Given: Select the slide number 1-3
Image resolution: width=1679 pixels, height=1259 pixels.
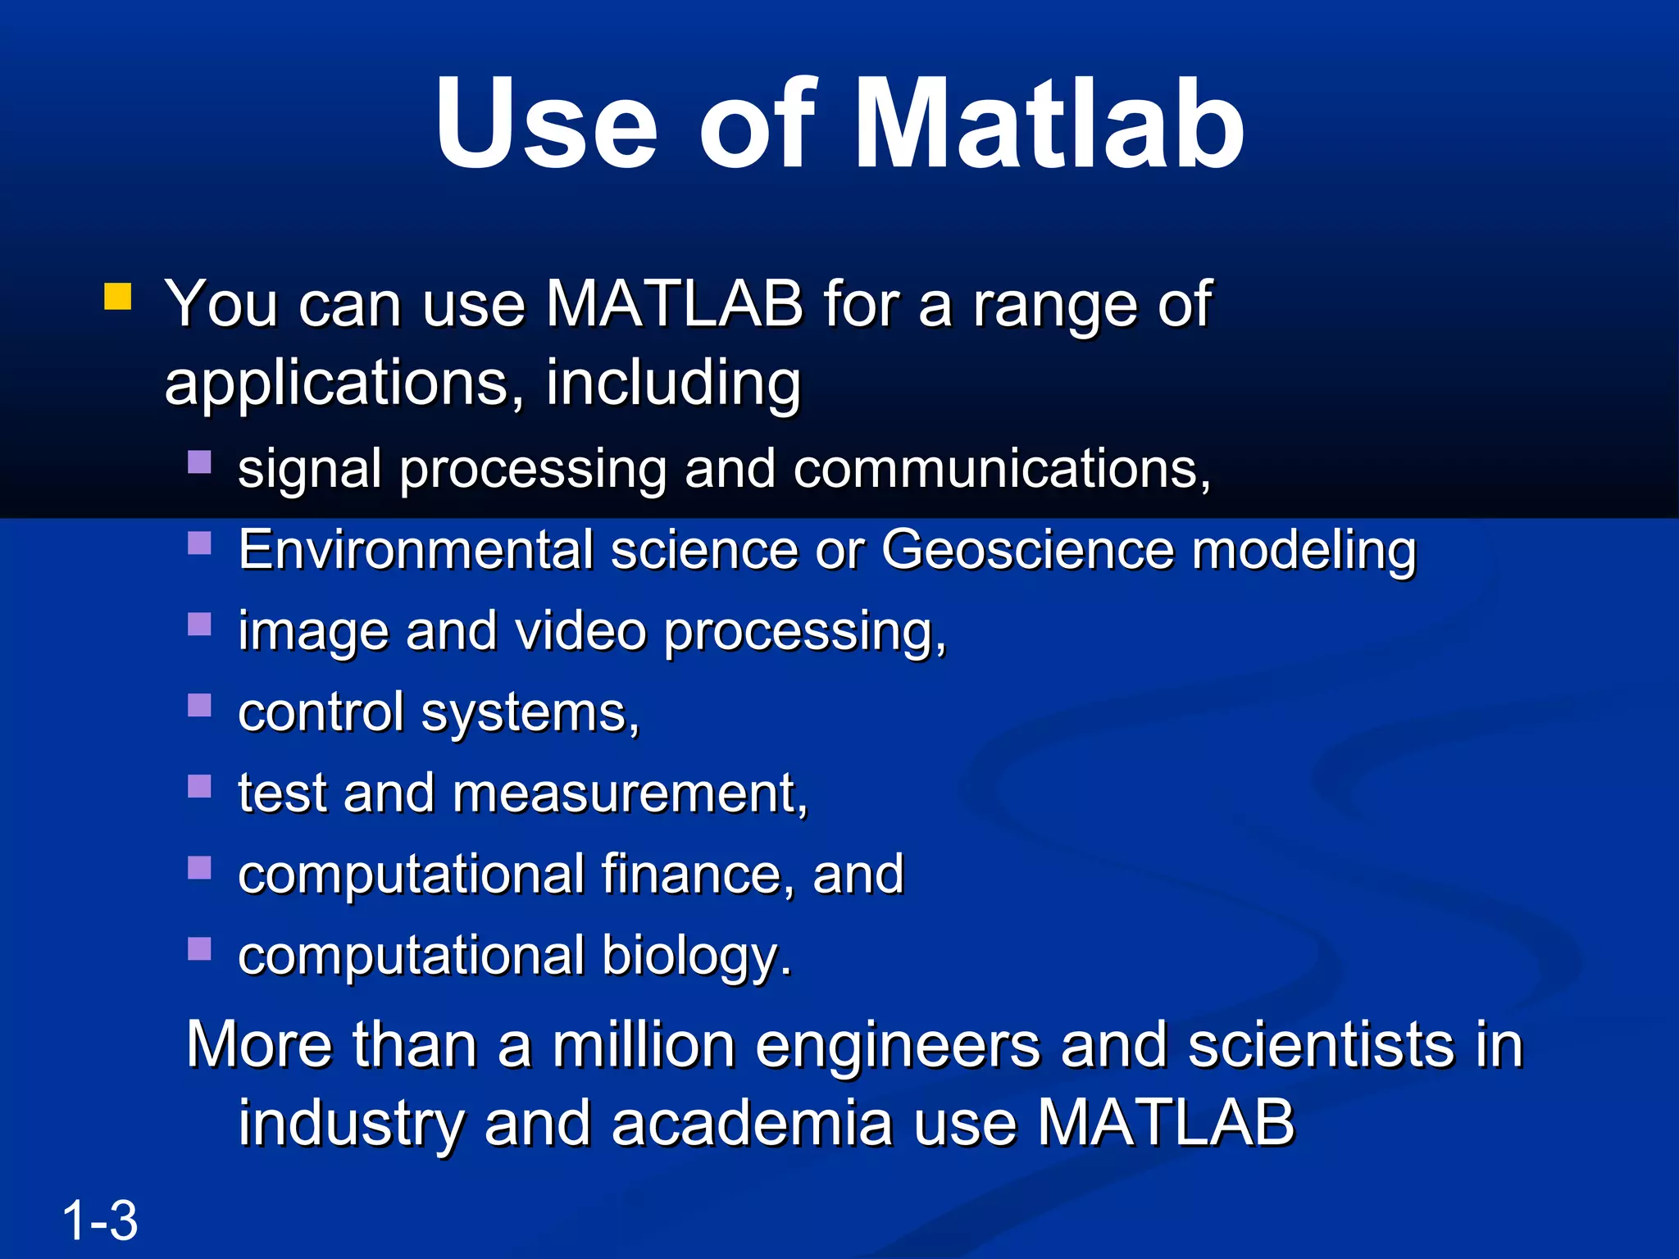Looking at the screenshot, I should coord(99,1220).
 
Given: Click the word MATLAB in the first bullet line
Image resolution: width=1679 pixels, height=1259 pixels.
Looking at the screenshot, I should coord(674,304).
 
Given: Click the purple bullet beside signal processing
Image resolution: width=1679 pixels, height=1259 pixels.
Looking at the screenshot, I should coord(199,462).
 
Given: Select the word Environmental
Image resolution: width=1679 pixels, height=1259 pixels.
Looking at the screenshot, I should coord(416,549).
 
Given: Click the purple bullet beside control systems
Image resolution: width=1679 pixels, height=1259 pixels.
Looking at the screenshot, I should coord(199,705).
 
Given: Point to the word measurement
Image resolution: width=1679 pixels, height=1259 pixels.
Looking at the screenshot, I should coord(629,793).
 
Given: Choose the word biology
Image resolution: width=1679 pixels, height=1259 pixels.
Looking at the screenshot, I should coord(697,956).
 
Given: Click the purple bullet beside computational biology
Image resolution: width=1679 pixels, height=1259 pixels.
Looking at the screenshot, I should coord(199,948).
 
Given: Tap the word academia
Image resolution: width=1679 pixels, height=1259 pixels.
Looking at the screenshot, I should coord(751,1123).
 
